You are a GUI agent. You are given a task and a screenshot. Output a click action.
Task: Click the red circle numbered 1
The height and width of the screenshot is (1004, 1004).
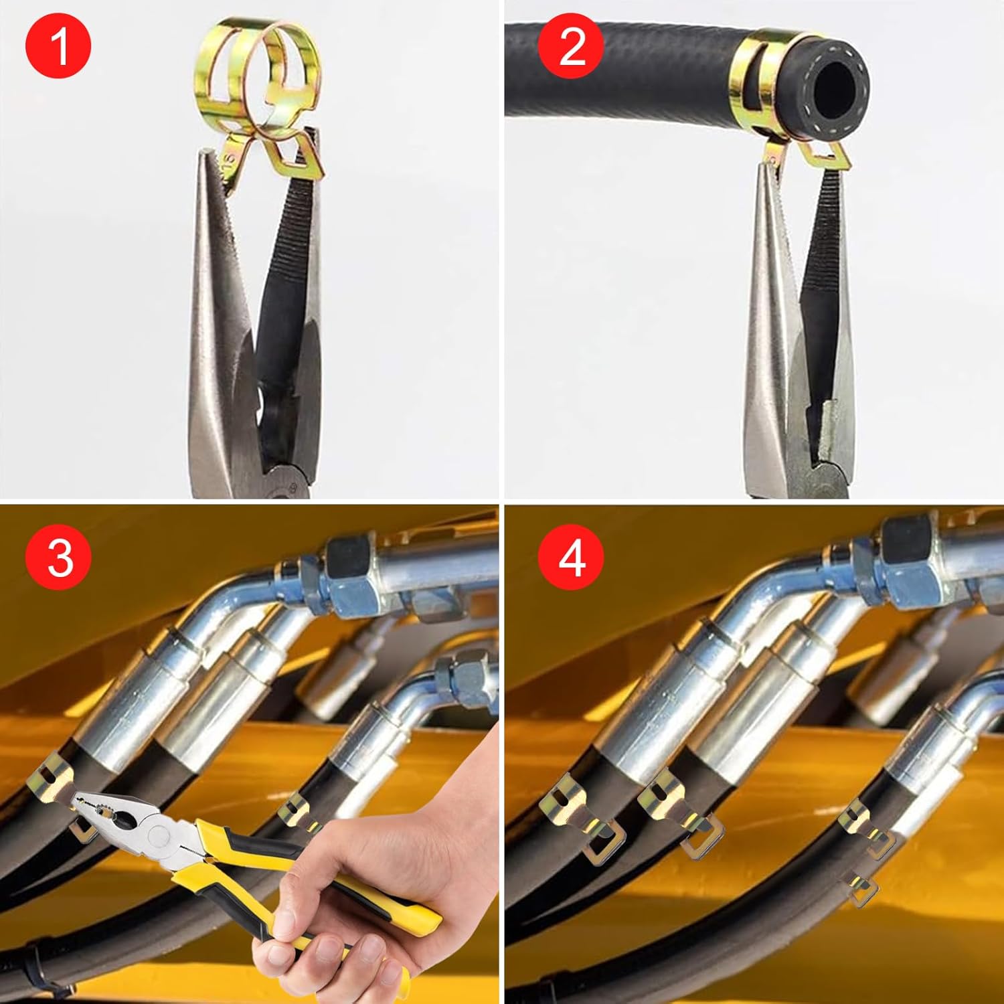click(x=58, y=46)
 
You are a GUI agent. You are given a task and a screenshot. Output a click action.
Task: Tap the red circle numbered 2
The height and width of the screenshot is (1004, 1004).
click(x=571, y=46)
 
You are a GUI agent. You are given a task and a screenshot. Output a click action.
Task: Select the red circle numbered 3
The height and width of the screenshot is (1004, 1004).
click(x=58, y=558)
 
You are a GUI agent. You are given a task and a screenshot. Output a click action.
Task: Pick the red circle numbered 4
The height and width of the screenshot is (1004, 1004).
click(x=571, y=558)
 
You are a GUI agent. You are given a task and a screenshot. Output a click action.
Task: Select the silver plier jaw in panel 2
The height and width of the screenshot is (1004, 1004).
click(x=770, y=335)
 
